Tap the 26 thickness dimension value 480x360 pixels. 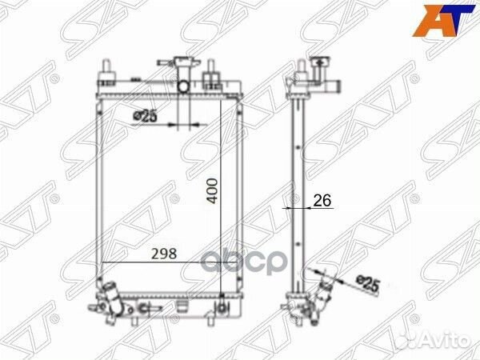point(322,201)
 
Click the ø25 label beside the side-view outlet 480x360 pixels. point(366,282)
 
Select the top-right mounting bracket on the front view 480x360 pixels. point(213,80)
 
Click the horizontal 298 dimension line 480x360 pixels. point(160,262)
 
